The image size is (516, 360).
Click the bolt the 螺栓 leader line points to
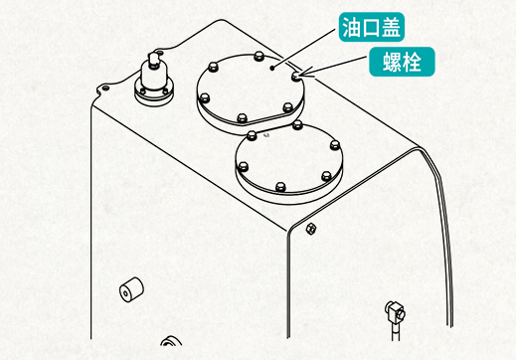(297, 74)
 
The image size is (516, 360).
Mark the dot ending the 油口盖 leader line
(273, 68)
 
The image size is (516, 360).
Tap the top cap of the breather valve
(155, 59)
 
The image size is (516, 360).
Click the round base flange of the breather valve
(155, 92)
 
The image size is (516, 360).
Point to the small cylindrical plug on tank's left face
(129, 292)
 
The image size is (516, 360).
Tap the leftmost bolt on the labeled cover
(204, 97)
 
